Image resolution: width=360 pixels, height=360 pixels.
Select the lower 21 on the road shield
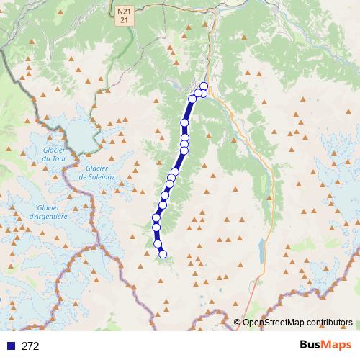(125, 22)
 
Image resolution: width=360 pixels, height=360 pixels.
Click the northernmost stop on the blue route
(204, 86)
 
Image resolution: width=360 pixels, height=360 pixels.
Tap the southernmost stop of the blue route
(163, 253)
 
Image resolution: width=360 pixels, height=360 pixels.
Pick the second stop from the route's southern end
(158, 244)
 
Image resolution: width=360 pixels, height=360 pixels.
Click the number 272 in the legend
(30, 346)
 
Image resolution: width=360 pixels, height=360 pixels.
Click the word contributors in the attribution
(328, 323)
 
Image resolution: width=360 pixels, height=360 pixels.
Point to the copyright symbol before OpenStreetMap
(237, 323)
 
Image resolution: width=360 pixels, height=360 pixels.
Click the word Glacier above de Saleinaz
(94, 167)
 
